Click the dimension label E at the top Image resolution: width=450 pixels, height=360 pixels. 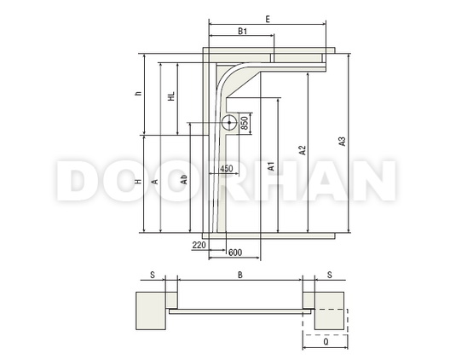268,20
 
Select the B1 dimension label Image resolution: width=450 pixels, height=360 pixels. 243,31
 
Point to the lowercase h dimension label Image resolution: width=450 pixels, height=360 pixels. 139,93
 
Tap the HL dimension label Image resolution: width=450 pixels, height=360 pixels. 171,96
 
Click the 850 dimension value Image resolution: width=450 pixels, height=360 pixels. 245,123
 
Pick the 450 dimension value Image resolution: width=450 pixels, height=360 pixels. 227,168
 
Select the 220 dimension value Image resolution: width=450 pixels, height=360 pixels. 199,245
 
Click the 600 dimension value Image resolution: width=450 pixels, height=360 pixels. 235,253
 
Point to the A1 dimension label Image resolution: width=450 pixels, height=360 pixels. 271,166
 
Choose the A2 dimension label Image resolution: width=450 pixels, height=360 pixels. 303,150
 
